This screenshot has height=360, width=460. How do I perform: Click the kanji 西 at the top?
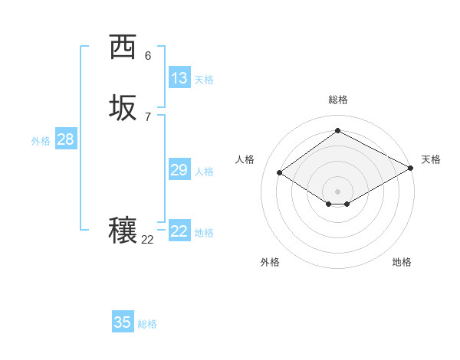123,47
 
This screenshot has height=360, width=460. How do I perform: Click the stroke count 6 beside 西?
147,56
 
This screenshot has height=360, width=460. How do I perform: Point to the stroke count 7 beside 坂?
147,116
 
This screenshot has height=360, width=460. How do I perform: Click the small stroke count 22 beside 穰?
147,240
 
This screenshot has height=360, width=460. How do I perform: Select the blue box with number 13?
179,77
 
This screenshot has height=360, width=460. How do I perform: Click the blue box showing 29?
179,170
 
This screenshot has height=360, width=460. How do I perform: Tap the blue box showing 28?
65,139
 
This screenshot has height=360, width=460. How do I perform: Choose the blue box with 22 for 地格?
179,231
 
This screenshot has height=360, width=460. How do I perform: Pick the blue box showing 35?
123,322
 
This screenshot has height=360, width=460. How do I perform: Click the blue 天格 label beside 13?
203,79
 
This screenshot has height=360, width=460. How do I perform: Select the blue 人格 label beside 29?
204,172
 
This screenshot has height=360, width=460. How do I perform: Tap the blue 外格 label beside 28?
41,141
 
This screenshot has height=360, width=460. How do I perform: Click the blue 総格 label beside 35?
147,324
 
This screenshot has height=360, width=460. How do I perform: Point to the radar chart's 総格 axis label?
337,100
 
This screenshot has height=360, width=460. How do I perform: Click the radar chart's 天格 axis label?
431,159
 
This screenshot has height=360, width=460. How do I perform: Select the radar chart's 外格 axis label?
270,262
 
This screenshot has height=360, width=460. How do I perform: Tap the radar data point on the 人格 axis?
280,173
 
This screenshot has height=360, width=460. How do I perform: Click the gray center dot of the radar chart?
337,191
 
